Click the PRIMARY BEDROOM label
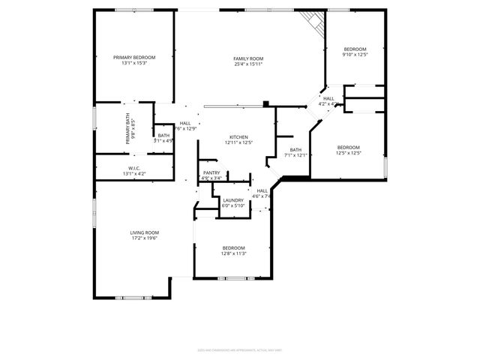(134, 58)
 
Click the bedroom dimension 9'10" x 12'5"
(355, 54)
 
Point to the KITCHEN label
(238, 136)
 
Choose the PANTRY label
(211, 172)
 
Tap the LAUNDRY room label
(232, 199)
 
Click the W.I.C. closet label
(134, 168)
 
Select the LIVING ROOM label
(145, 232)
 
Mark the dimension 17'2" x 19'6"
(145, 238)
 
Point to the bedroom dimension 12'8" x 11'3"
(233, 253)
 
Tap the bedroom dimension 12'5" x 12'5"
(349, 153)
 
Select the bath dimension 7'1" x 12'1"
(296, 155)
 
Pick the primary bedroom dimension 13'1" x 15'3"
(134, 64)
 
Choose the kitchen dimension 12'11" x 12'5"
(238, 142)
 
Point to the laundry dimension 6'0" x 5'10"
(232, 205)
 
